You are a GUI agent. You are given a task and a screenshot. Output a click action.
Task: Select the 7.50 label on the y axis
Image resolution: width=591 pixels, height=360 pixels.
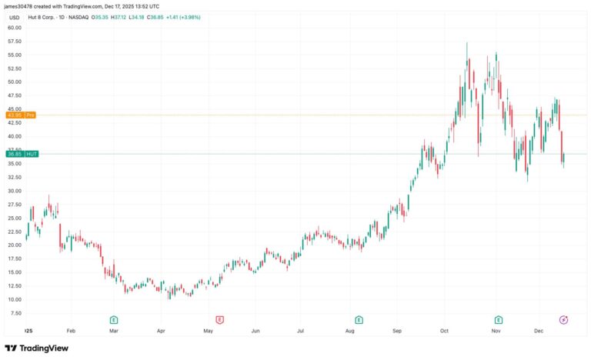coord(15,313)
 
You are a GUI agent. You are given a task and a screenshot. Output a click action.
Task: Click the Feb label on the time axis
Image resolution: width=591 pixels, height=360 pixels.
coord(71,331)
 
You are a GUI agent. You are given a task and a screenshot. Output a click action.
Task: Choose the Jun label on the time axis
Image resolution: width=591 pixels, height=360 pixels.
coord(255,331)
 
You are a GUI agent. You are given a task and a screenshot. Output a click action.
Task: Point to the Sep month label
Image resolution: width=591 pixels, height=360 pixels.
coord(397,331)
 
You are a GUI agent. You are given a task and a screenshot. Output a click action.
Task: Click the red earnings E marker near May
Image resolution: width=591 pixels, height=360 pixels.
coord(219,318)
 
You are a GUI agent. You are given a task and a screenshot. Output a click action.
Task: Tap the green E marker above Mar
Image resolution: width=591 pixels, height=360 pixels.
coord(113,318)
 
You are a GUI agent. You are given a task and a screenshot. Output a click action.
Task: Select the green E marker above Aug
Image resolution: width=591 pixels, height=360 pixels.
coord(359,318)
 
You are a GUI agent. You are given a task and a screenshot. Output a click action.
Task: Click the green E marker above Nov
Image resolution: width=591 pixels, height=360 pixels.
coord(499,318)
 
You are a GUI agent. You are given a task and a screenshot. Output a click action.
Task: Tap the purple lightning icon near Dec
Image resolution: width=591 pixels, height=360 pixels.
coord(563,318)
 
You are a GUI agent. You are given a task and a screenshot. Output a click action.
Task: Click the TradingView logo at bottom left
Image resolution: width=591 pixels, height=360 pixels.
coord(36,348)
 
